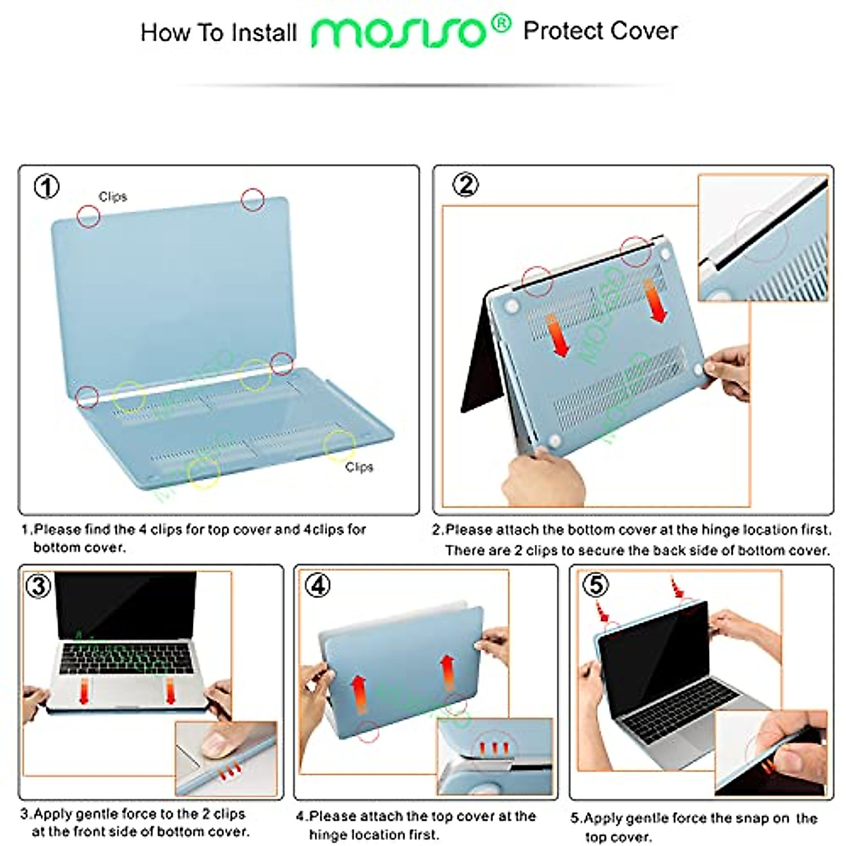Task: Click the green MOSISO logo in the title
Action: tap(399, 32)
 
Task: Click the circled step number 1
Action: tap(47, 188)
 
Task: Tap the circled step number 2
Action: tap(465, 185)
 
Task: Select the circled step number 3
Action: tap(38, 586)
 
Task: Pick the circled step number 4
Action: tap(319, 585)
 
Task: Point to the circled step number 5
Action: tap(596, 585)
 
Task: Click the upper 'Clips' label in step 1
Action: tap(113, 197)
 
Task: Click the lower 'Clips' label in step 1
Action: tap(359, 467)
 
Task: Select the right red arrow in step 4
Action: tap(447, 672)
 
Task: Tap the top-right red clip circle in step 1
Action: tap(252, 200)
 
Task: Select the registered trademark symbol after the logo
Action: tap(500, 24)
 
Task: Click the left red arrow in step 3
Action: tap(84, 692)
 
